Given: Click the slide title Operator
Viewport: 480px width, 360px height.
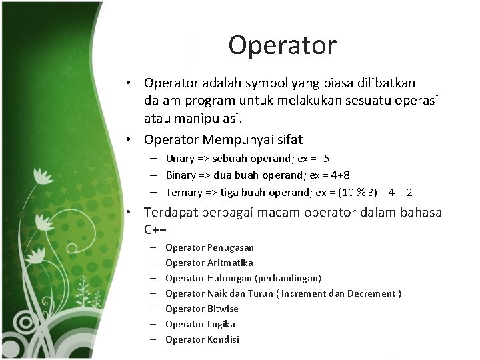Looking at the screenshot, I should coord(282,45).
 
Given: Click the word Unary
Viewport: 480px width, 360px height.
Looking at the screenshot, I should coord(179,159).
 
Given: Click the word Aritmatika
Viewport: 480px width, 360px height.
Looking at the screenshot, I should coord(230,263).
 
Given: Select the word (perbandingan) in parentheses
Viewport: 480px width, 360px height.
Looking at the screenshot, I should coord(288,278).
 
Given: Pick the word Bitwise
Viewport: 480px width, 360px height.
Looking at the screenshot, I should coord(223,309).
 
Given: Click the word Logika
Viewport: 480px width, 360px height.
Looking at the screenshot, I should coord(221,324).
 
